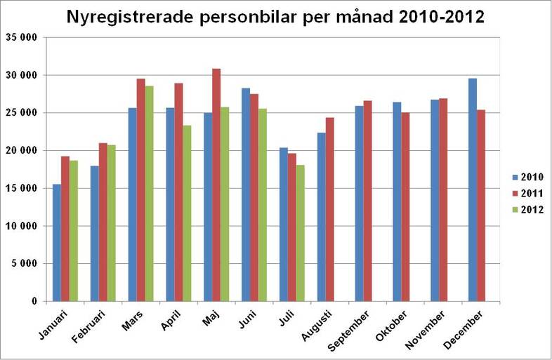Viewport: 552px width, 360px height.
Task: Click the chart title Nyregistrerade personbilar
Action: point(275,17)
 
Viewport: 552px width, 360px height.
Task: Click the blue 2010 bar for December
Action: point(473,189)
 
